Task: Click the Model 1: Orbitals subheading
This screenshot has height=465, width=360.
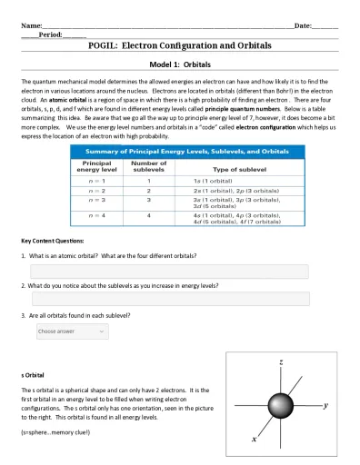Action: pos(179,65)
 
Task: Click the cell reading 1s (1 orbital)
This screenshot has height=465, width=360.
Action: pos(216,182)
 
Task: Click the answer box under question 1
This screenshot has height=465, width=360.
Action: pos(169,272)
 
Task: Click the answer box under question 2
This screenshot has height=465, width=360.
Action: pos(170,299)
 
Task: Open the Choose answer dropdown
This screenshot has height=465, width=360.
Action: pos(69,331)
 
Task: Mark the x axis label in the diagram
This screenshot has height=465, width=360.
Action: pos(253,437)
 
